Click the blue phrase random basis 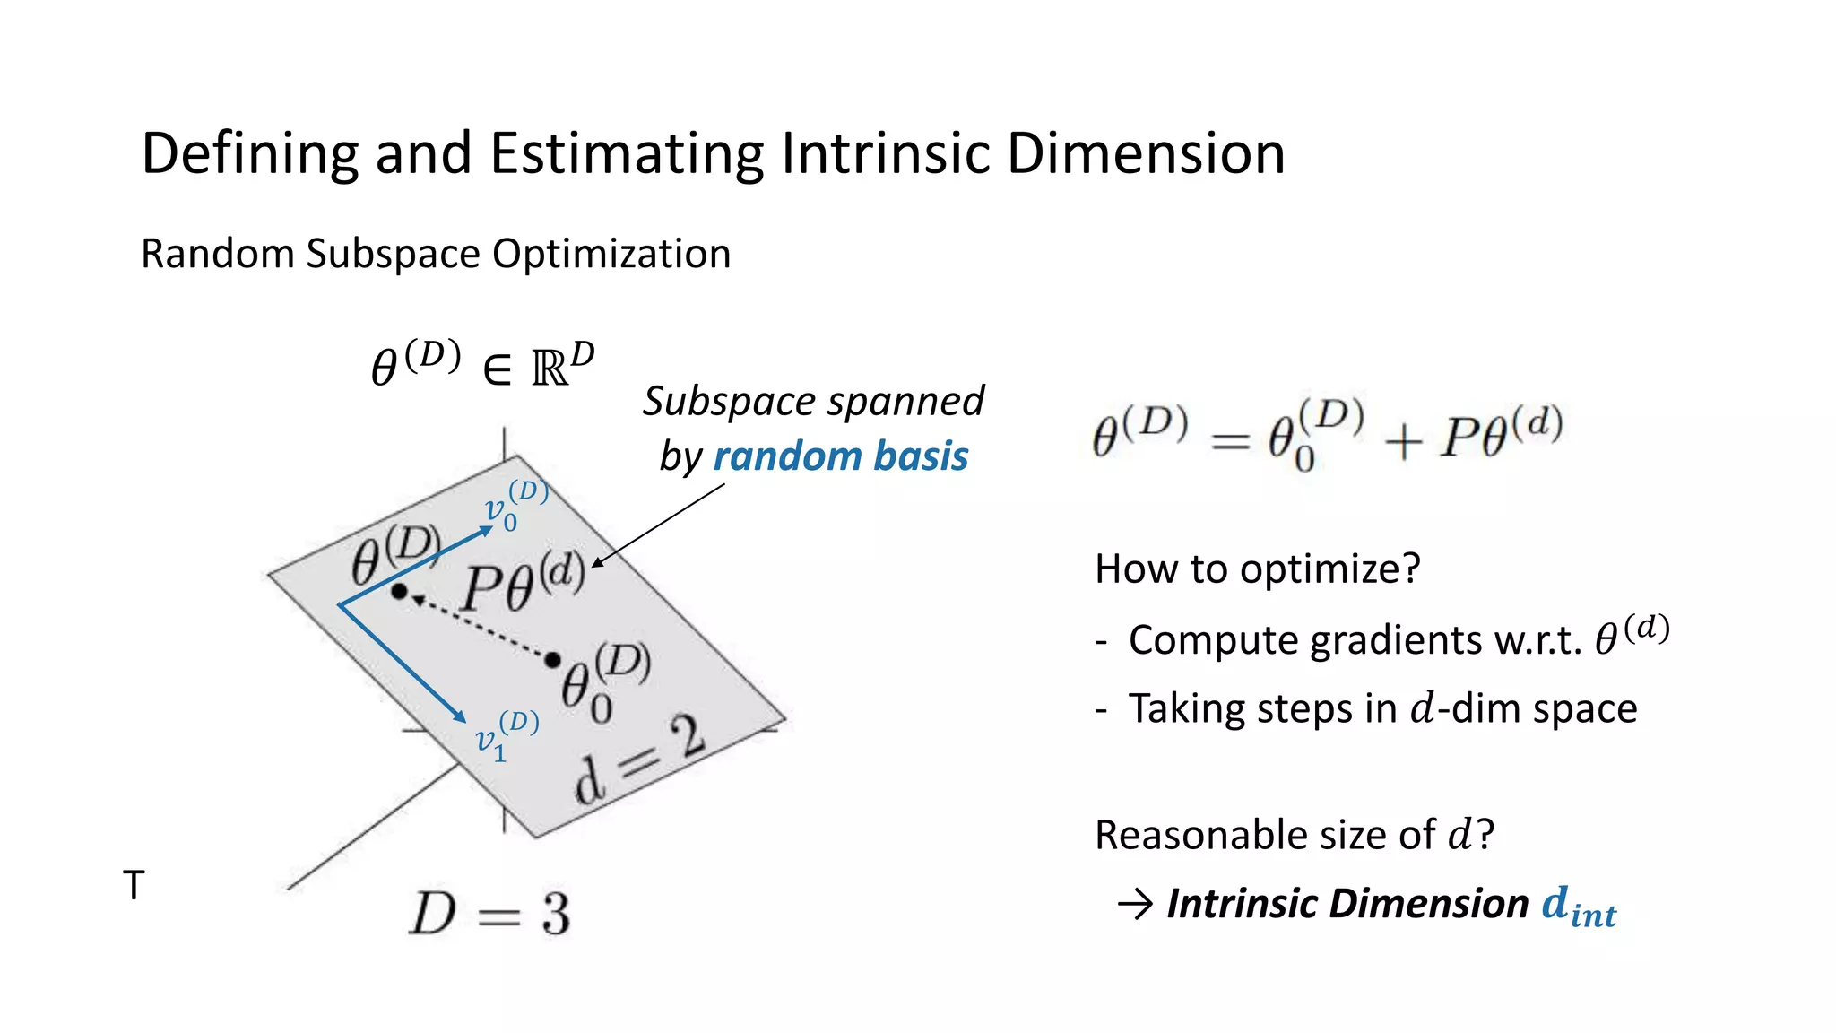(840, 456)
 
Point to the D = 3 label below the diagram (489, 914)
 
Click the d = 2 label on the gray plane (639, 760)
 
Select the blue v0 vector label (514, 506)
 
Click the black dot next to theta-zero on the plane (553, 661)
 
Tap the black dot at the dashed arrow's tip (400, 591)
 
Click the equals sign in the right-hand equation (1230, 440)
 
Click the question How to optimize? (1257, 569)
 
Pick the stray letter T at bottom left (134, 885)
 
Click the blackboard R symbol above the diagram (550, 367)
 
